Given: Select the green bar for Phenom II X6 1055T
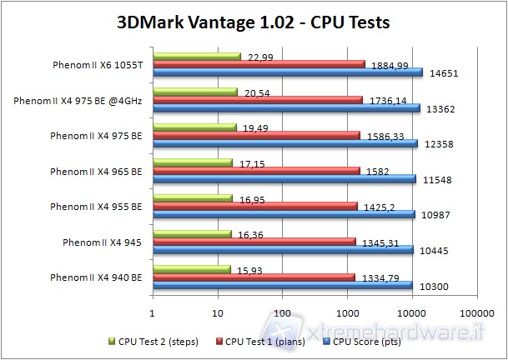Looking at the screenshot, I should (196, 56).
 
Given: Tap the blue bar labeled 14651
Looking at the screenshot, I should (287, 72).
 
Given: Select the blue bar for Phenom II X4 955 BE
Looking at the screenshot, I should (283, 214).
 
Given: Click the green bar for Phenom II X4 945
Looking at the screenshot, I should (191, 234).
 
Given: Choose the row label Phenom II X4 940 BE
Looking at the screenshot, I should (96, 277).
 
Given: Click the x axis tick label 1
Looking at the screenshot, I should (152, 314).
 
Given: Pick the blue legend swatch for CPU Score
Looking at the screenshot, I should (328, 340).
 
